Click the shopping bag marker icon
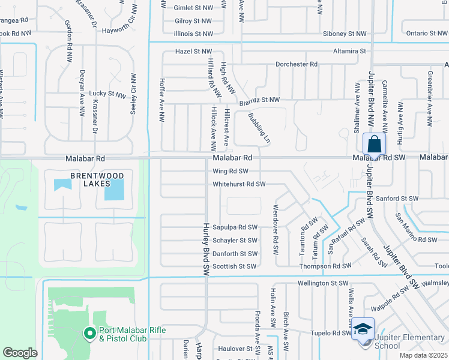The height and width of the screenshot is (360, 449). point(374,145)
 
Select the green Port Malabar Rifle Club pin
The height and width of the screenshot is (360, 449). point(89,332)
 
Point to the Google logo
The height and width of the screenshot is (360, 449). point(20,353)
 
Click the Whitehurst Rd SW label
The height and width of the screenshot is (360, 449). point(239,184)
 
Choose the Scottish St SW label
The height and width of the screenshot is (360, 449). point(235,266)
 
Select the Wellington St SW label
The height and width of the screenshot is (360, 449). point(323,283)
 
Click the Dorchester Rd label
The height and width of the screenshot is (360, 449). point(296,64)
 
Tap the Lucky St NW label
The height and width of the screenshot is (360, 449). point(107,94)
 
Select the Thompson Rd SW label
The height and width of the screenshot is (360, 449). point(325,266)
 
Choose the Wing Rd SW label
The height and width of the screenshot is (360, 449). point(231,171)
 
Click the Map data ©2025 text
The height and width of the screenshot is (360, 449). point(423,355)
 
